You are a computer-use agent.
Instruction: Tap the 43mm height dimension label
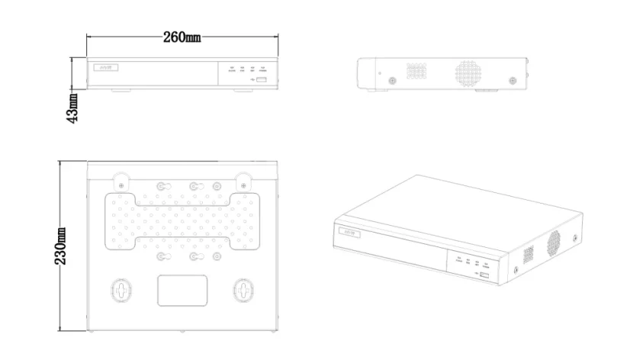pyautogui.click(x=72, y=108)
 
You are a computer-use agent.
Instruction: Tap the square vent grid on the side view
pyautogui.click(x=416, y=72)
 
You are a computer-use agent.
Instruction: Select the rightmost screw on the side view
pyautogui.click(x=512, y=80)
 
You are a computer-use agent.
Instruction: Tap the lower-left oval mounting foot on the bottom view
pyautogui.click(x=121, y=291)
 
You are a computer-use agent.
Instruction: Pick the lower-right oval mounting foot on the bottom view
pyautogui.click(x=243, y=291)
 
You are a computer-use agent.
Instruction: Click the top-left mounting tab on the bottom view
pyautogui.click(x=121, y=182)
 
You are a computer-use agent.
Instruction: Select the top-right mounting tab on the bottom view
pyautogui.click(x=243, y=182)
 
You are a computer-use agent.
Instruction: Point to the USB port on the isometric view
pyautogui.click(x=484, y=273)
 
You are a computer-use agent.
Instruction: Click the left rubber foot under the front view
pyautogui.click(x=121, y=91)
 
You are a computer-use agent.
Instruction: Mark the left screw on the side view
pyautogui.click(x=391, y=80)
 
